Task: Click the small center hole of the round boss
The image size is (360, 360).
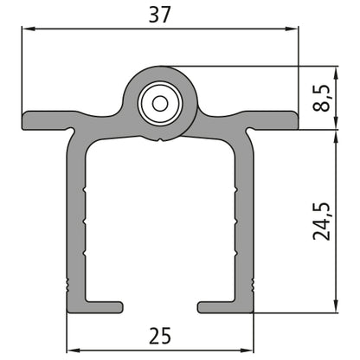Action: click(160, 102)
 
